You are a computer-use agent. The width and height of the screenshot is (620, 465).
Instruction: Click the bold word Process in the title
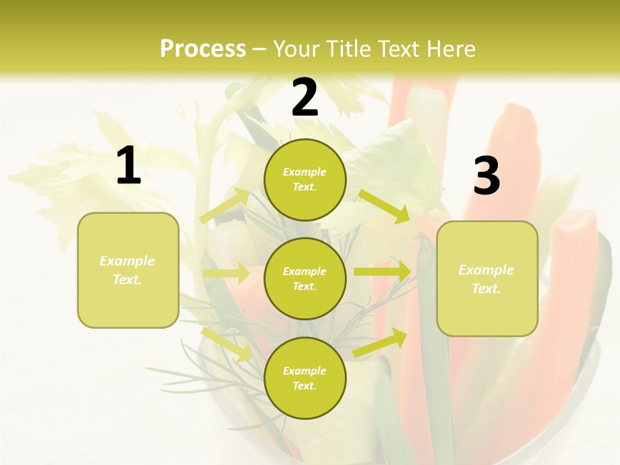click(x=203, y=49)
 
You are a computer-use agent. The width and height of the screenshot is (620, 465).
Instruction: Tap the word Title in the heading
click(x=350, y=49)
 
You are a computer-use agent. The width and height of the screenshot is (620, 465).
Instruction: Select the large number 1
click(x=129, y=166)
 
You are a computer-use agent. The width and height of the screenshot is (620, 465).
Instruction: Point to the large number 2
click(x=305, y=98)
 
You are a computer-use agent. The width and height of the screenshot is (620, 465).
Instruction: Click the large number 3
click(x=486, y=176)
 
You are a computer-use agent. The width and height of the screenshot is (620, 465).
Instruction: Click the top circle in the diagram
click(x=305, y=180)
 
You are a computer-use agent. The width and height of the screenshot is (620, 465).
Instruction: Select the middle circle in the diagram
click(x=305, y=278)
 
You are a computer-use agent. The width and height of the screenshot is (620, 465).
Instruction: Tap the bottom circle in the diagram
click(x=305, y=378)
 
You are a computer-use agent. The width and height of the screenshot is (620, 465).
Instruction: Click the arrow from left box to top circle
click(x=225, y=206)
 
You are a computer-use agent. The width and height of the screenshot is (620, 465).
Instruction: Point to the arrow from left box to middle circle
click(x=226, y=273)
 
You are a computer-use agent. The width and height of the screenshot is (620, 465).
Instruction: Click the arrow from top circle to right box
click(x=384, y=206)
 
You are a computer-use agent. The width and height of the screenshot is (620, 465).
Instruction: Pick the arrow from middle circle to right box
click(x=382, y=272)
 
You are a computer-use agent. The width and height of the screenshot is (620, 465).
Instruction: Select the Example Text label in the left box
click(x=127, y=270)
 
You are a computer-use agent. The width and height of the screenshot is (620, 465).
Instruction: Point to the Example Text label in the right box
click(x=486, y=279)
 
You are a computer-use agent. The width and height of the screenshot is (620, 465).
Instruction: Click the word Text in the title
click(x=399, y=49)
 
